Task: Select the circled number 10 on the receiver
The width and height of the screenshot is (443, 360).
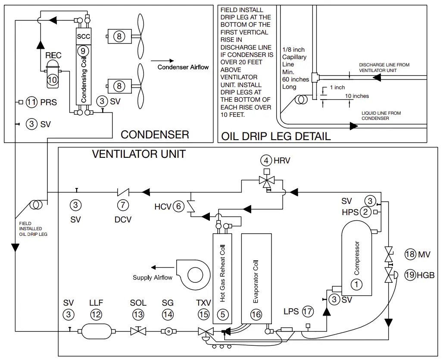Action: [x=52, y=80]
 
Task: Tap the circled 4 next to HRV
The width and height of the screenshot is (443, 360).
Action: [x=266, y=161]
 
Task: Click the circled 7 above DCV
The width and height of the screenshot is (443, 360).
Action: [x=123, y=205]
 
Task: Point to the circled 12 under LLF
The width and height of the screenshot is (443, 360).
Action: [x=96, y=314]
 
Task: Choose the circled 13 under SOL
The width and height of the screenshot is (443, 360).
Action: [x=138, y=314]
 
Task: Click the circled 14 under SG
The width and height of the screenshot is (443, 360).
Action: [x=168, y=314]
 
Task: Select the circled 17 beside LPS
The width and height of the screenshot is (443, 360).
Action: [x=307, y=311]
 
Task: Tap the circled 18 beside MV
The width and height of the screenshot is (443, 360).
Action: [x=409, y=254]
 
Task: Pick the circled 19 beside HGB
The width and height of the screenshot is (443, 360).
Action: [x=409, y=275]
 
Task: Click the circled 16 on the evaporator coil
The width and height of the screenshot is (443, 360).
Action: [x=256, y=314]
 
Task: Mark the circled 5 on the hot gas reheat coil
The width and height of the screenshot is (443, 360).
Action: [x=222, y=314]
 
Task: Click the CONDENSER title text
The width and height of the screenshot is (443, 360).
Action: [x=155, y=135]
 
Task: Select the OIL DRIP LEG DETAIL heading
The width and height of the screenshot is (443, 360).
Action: [x=276, y=137]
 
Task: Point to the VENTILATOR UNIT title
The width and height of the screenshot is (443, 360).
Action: [x=139, y=154]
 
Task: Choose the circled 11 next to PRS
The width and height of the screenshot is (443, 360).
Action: [x=31, y=102]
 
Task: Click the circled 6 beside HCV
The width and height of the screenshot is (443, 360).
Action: [x=178, y=207]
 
